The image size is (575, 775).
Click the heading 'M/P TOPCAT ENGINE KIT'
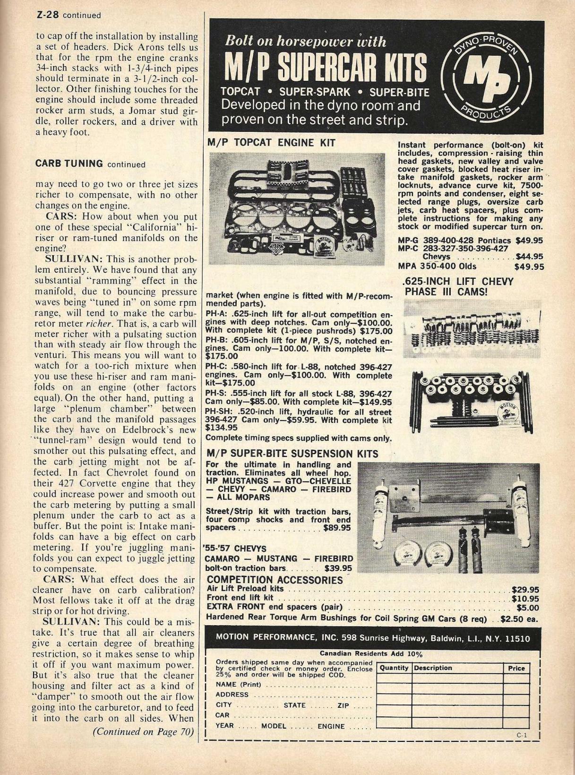271,142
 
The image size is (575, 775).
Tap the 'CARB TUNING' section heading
69,164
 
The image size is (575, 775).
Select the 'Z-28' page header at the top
47,15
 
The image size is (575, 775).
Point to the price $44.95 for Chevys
529,257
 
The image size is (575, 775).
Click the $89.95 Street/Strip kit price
337,528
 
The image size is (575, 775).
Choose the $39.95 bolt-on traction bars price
338,568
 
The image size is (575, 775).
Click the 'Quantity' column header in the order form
394,668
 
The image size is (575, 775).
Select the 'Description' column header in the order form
433,668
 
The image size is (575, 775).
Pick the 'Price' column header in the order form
516,668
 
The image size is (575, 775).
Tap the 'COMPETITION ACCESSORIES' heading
275,580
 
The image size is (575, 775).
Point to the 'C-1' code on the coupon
521,735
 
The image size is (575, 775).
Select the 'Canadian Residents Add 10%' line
371,654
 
